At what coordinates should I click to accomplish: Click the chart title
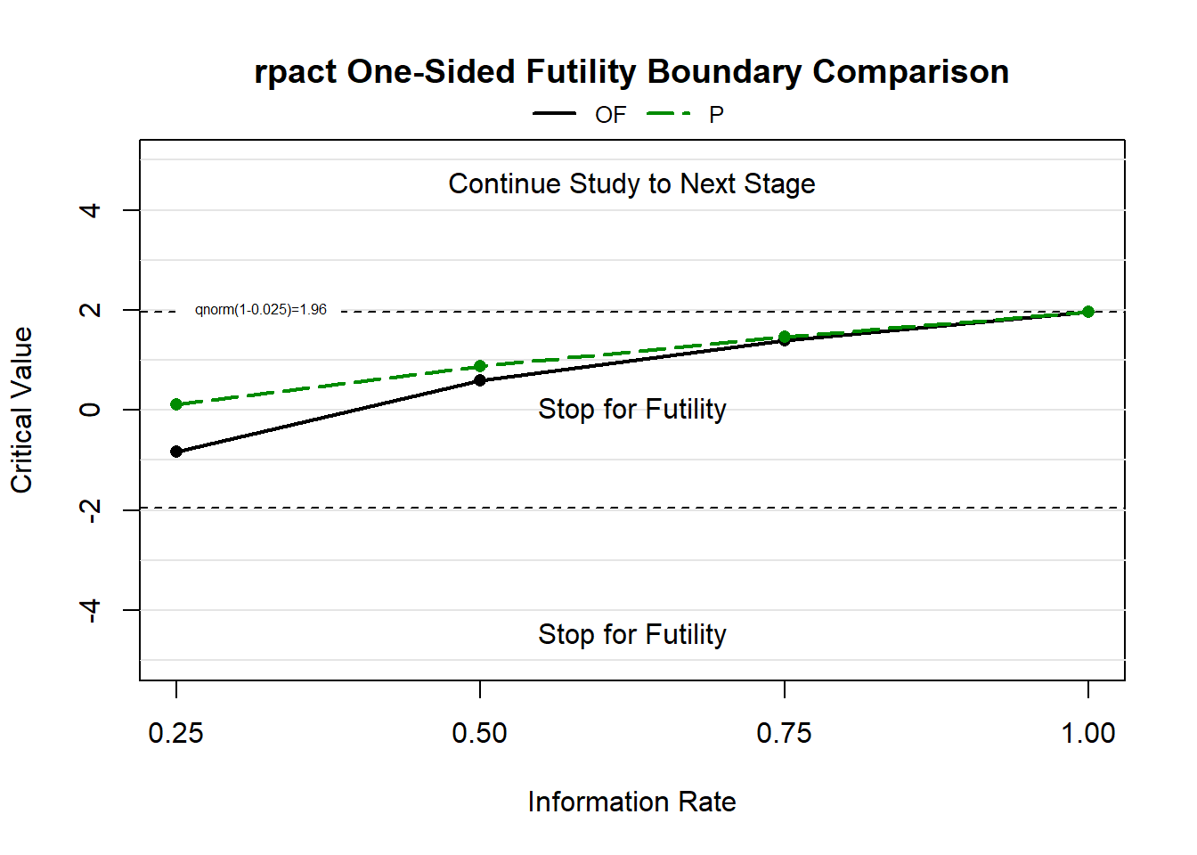pos(631,71)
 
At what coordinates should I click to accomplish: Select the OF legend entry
pos(580,114)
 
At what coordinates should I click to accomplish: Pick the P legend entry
pos(686,114)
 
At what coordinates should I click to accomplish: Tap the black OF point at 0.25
pos(176,452)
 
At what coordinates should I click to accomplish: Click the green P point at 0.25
pos(176,404)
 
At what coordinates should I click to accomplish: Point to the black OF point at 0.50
pos(480,380)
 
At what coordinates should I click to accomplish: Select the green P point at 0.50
pos(480,366)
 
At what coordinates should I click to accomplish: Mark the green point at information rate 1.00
pos(1088,312)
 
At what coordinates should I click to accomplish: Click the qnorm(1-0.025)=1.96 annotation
pos(261,310)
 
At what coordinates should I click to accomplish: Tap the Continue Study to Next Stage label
pos(631,184)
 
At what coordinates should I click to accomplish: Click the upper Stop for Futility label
pos(632,410)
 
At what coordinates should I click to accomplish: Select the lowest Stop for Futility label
pos(632,635)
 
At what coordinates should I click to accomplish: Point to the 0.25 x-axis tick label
pos(175,733)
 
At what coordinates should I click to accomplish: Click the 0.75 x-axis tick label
pos(784,733)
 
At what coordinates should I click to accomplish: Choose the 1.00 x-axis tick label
pos(1088,733)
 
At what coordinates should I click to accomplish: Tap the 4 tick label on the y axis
pos(90,210)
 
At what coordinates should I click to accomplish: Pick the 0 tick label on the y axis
pos(90,410)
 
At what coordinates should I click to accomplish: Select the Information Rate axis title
pos(631,802)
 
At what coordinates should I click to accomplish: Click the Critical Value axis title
pos(21,410)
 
